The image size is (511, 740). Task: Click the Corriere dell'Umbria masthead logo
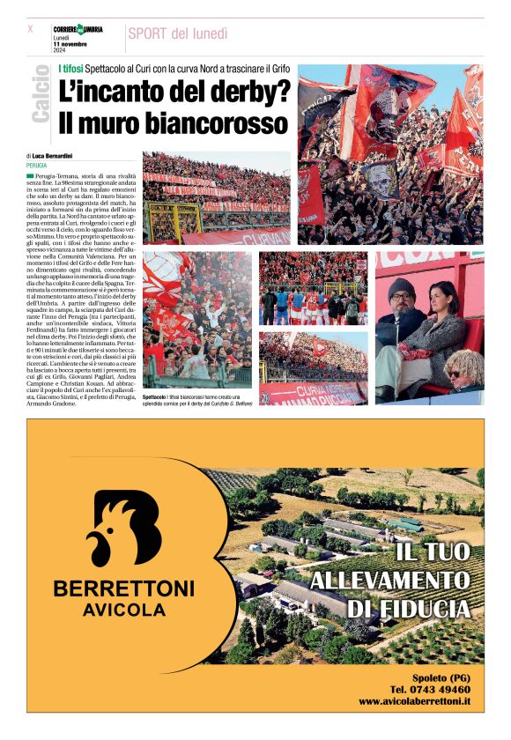click(78, 29)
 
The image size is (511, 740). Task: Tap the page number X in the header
click(30, 28)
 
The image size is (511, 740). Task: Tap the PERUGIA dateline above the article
click(37, 165)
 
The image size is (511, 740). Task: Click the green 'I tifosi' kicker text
click(70, 69)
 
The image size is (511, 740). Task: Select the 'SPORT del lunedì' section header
click(177, 33)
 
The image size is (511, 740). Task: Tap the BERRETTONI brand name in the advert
click(124, 588)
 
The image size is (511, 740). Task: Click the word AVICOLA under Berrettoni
click(124, 610)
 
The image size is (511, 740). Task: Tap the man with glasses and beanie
click(403, 330)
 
